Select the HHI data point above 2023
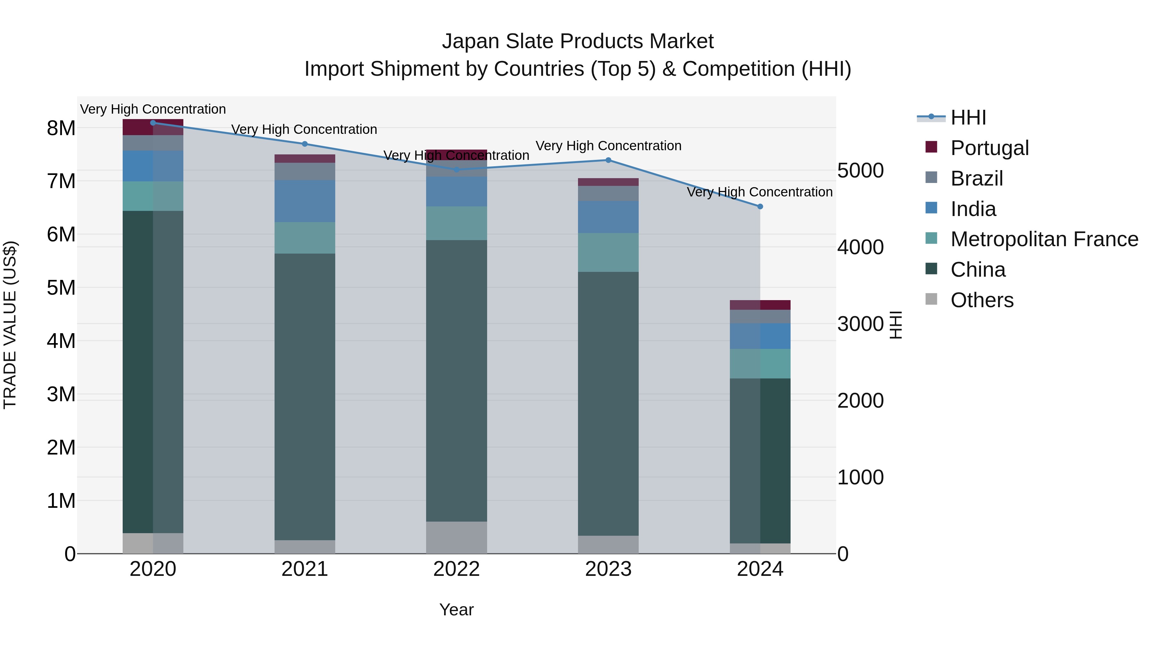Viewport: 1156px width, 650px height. pyautogui.click(x=608, y=160)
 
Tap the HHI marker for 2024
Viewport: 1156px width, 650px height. pyautogui.click(x=760, y=206)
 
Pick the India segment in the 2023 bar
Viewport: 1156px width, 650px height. pyautogui.click(x=608, y=217)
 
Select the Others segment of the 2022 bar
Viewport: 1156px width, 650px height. pyautogui.click(x=456, y=537)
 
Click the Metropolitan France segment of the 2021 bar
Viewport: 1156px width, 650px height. pyautogui.click(x=305, y=238)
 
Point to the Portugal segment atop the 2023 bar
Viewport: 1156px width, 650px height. pyautogui.click(x=608, y=182)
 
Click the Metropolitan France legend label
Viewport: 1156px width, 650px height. pyautogui.click(x=1044, y=239)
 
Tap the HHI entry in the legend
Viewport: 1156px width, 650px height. pyautogui.click(x=968, y=117)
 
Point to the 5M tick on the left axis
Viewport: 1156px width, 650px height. pyautogui.click(x=61, y=288)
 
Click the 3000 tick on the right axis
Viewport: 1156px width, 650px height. pyautogui.click(x=860, y=324)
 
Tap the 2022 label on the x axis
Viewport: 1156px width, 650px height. pyautogui.click(x=456, y=569)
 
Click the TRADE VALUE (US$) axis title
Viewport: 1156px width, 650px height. pyautogui.click(x=10, y=325)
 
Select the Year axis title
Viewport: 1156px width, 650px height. pyautogui.click(x=456, y=610)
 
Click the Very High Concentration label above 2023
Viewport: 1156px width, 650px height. pyautogui.click(x=608, y=146)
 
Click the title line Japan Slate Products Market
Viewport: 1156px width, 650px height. pyautogui.click(x=578, y=41)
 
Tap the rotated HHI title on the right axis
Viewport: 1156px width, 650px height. pyautogui.click(x=896, y=325)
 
